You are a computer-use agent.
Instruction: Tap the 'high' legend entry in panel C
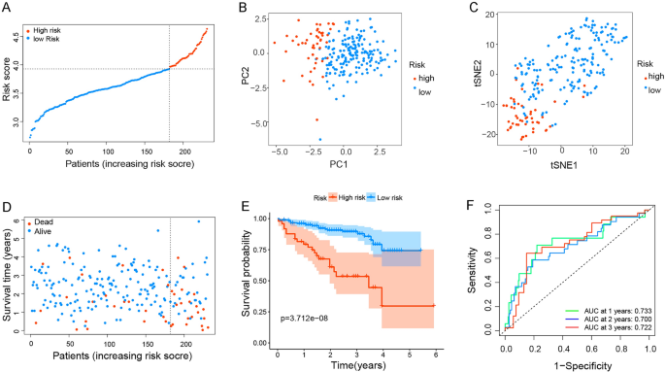click(653, 75)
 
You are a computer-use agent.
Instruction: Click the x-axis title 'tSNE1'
click(563, 165)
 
